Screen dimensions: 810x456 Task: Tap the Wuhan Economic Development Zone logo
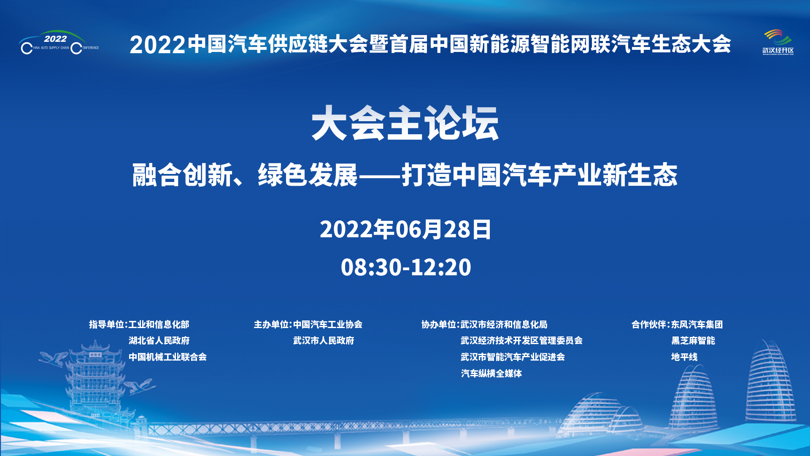(x=778, y=42)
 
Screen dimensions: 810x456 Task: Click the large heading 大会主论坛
(x=405, y=123)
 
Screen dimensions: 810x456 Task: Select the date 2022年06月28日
(x=405, y=229)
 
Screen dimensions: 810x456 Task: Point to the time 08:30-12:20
(x=406, y=267)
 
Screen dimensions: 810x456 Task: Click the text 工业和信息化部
(x=159, y=324)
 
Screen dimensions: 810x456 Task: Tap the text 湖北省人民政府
(x=159, y=340)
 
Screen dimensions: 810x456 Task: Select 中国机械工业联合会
(x=167, y=357)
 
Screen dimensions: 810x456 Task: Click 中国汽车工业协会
(x=328, y=324)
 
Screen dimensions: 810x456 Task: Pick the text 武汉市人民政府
(x=324, y=340)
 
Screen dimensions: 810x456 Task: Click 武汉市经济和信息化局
(x=504, y=324)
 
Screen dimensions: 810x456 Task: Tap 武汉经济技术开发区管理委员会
(x=521, y=340)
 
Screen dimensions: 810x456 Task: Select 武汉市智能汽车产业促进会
(x=513, y=357)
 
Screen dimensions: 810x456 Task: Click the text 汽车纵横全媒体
(x=491, y=373)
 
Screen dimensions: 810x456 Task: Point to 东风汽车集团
(x=697, y=324)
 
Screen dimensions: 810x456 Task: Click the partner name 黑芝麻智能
(x=693, y=340)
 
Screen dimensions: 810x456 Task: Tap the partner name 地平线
(x=684, y=357)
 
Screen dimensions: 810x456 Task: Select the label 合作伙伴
(x=648, y=324)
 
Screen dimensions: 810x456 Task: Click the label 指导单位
(x=106, y=324)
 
